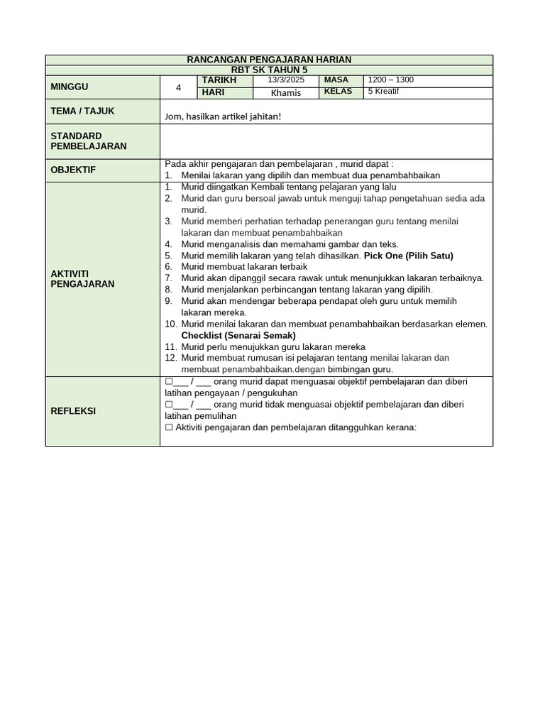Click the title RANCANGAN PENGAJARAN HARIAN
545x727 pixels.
(269, 60)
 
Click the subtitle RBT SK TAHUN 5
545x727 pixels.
(269, 70)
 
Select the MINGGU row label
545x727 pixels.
(70, 87)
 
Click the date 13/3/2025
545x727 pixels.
(286, 80)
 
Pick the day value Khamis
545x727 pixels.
(286, 93)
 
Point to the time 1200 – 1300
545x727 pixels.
(391, 80)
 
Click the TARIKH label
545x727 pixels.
(219, 80)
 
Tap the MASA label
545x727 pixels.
(336, 80)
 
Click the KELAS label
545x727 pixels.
(338, 92)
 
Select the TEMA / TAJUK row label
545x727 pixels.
(82, 111)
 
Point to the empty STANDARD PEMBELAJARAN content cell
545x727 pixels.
(326, 141)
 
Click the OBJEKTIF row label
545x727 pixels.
(72, 170)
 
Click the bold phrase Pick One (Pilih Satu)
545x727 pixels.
(408, 256)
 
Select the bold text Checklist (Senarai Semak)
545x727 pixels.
(238, 335)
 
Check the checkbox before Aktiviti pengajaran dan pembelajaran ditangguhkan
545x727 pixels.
(169, 427)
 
